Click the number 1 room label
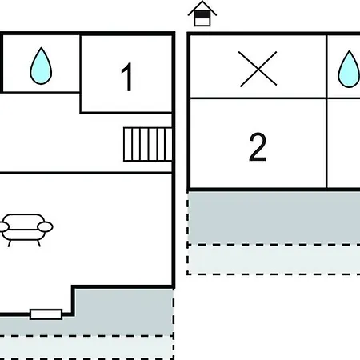tap(127, 77)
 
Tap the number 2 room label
tap(258, 147)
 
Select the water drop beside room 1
tap(41, 66)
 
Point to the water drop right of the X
tap(349, 69)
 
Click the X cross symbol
tap(258, 69)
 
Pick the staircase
tap(148, 144)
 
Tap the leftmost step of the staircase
tap(128, 144)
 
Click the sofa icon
tap(26, 230)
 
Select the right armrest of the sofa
tap(45, 226)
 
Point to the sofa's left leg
tap(10, 243)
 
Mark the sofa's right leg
tap(38, 243)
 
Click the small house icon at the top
tap(202, 14)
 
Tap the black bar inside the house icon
tap(202, 14)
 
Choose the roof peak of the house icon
tap(202, 2)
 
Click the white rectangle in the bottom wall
tap(46, 314)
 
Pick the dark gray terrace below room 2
tap(274, 218)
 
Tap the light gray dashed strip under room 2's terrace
tap(274, 259)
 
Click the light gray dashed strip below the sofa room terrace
tap(86, 348)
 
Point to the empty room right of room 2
tap(344, 143)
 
